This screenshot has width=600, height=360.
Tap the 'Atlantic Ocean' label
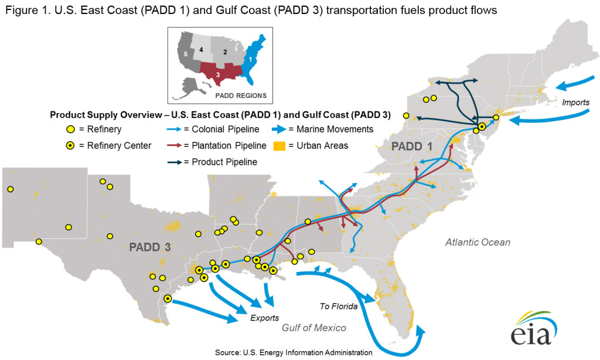click(477, 242)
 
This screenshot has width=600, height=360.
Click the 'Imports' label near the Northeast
click(575, 103)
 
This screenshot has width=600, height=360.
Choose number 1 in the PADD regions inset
click(251, 59)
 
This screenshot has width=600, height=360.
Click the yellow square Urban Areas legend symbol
click(279, 145)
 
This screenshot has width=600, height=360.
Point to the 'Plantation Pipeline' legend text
click(225, 145)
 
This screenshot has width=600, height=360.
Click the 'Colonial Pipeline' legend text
click(223, 129)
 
